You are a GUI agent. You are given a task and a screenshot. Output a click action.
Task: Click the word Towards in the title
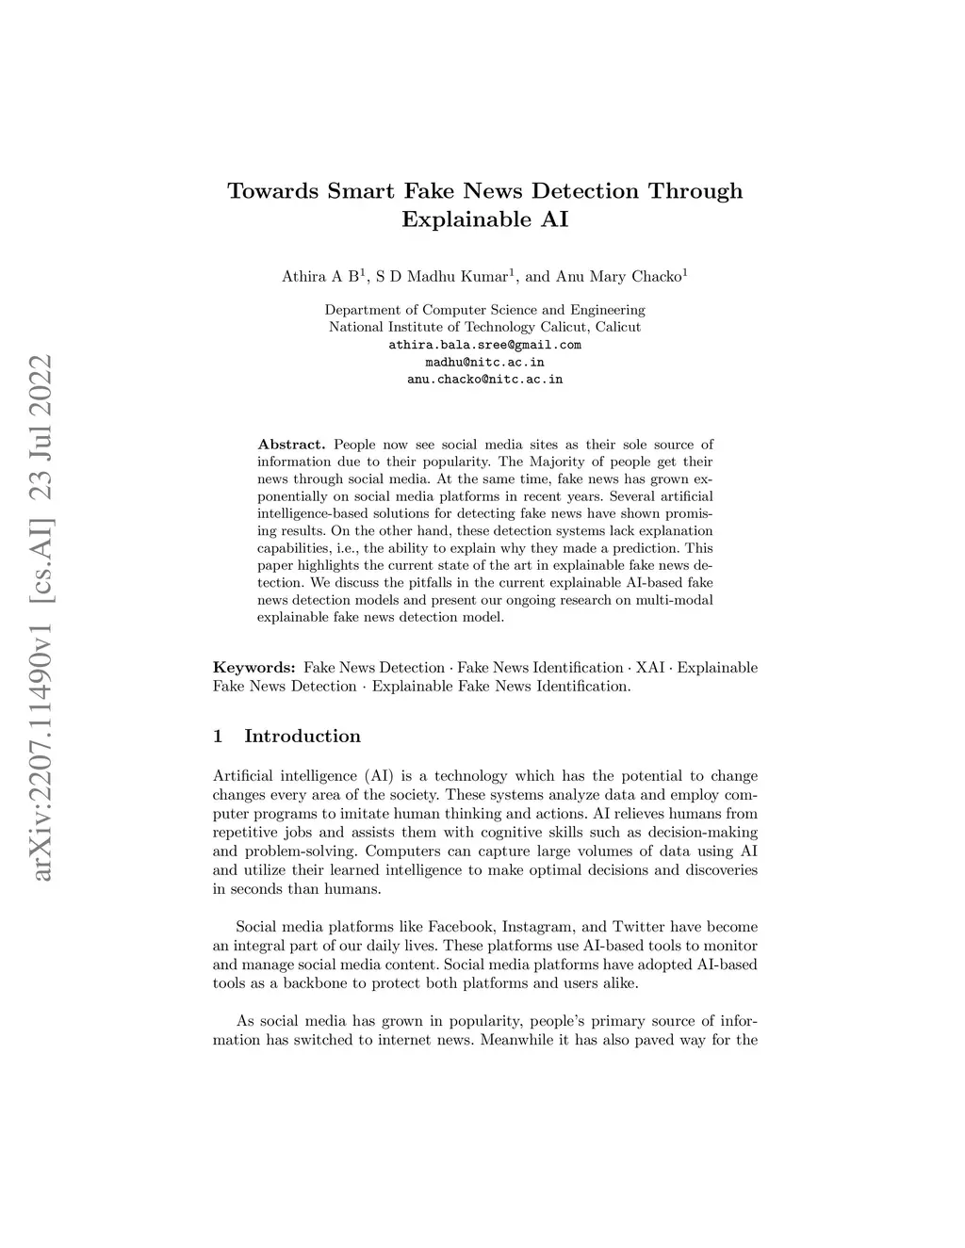pos(272,191)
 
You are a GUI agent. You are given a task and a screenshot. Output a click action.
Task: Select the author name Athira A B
pos(320,277)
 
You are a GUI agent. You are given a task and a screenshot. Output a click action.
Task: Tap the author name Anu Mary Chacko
pos(618,277)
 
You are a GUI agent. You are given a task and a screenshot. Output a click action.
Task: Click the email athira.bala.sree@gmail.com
pos(484,345)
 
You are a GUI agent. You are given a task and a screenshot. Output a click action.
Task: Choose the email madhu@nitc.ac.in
pos(484,362)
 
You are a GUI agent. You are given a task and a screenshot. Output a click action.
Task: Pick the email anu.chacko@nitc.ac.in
pos(484,379)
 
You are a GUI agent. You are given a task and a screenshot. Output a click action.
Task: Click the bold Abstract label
pos(291,444)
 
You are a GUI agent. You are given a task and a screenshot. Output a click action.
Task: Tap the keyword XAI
pos(650,668)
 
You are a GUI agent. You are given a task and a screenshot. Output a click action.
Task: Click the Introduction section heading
pos(302,737)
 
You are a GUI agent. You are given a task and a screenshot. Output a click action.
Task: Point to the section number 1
pos(219,737)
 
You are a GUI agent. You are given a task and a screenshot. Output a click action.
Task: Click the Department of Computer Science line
pos(484,310)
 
